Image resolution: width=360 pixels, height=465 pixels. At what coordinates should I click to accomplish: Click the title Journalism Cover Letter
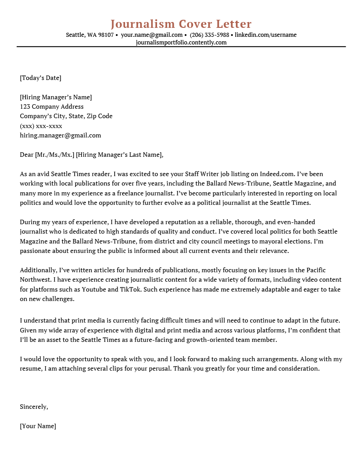(x=181, y=24)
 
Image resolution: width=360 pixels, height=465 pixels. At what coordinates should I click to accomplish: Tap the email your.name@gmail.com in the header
(x=152, y=35)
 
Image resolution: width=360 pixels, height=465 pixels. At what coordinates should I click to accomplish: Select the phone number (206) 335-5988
(x=209, y=35)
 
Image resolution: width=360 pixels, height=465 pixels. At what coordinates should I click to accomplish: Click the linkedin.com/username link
(x=265, y=35)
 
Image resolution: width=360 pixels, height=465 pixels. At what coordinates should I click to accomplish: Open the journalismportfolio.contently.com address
(x=181, y=43)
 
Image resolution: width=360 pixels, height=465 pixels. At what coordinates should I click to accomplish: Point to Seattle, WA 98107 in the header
(x=90, y=35)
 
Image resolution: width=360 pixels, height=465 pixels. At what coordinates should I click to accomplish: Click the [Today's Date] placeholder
(x=40, y=78)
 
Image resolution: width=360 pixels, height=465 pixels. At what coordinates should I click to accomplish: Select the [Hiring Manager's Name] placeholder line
(x=56, y=97)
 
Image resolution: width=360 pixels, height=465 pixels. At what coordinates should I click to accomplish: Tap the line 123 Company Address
(x=52, y=107)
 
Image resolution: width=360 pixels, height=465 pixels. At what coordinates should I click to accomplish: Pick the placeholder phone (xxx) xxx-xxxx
(x=41, y=126)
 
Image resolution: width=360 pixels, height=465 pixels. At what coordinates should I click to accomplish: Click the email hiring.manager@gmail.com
(x=60, y=135)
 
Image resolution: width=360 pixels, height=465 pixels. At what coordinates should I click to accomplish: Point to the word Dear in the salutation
(x=27, y=155)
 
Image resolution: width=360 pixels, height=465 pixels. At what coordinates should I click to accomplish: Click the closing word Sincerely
(x=33, y=407)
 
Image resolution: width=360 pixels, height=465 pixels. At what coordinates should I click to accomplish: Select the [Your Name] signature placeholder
(x=38, y=426)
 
